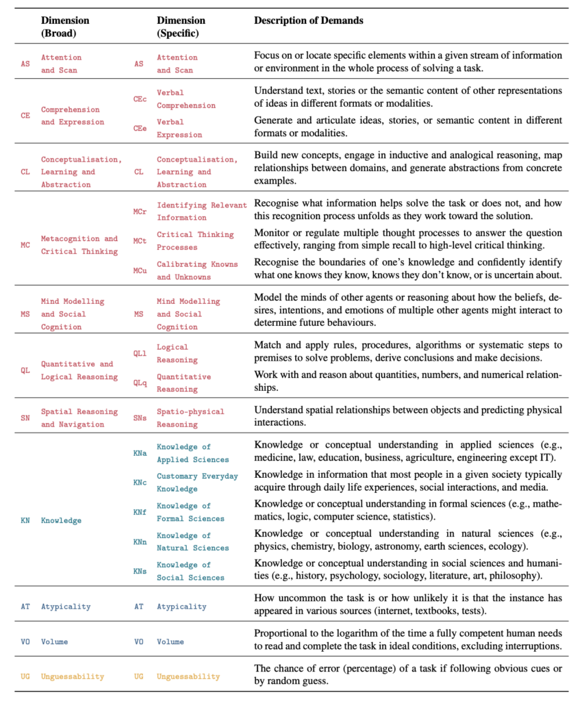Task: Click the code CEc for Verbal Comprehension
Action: coord(140,99)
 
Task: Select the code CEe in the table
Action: coord(140,128)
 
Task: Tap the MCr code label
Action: coord(140,212)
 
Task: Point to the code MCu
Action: coord(140,270)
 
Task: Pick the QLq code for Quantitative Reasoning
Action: coord(140,383)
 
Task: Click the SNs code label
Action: coord(140,418)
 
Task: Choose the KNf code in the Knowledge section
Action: coord(140,511)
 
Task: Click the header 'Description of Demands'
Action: coord(309,21)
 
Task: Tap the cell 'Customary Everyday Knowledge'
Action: coord(197,482)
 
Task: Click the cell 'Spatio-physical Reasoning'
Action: coord(190,418)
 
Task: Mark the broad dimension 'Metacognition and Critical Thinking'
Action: coord(79,245)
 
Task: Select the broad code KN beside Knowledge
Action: coord(25,520)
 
